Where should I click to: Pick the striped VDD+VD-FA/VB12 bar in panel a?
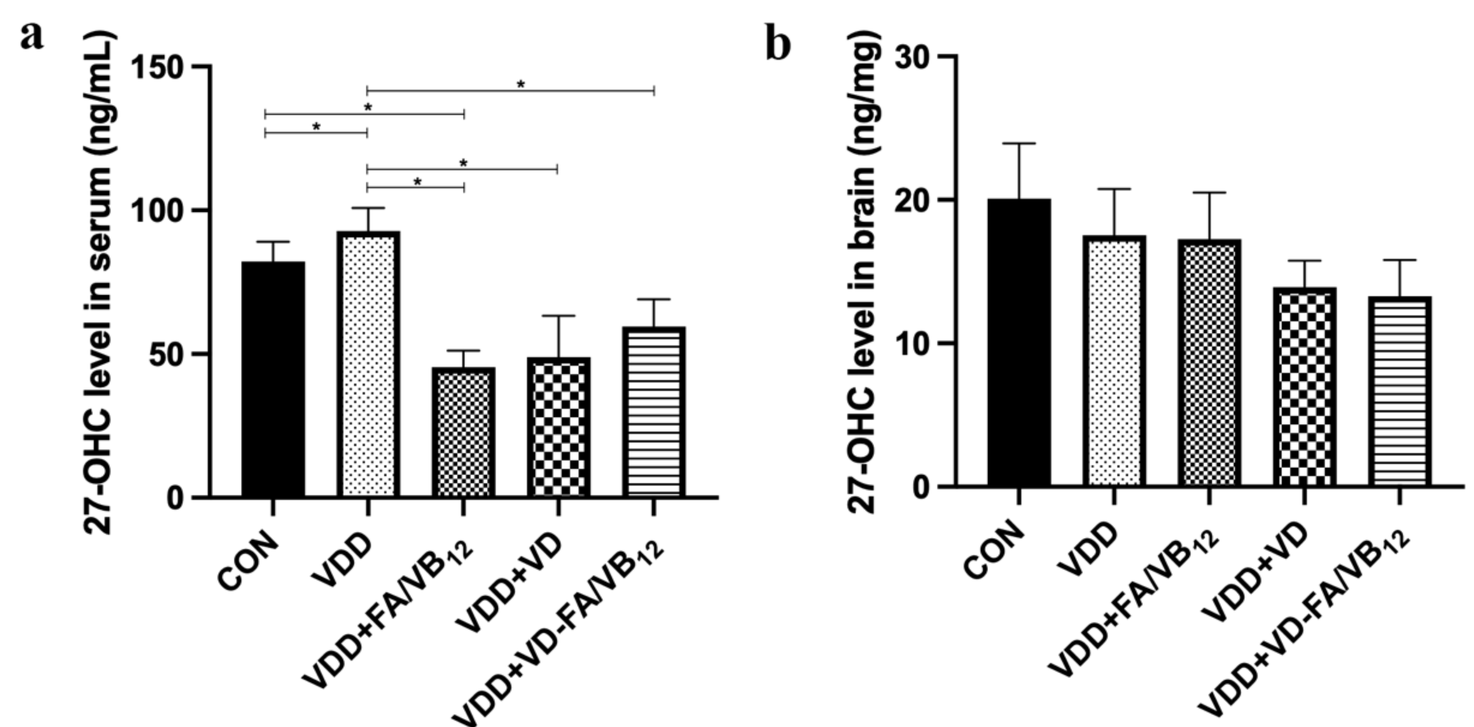653,411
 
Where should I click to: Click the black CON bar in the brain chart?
1019,343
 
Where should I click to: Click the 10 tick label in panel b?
915,344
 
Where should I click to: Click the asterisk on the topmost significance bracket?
521,84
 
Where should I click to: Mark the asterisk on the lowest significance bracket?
417,182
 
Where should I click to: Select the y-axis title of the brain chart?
861,269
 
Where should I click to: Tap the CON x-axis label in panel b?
994,549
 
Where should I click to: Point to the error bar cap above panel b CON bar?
1019,143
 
